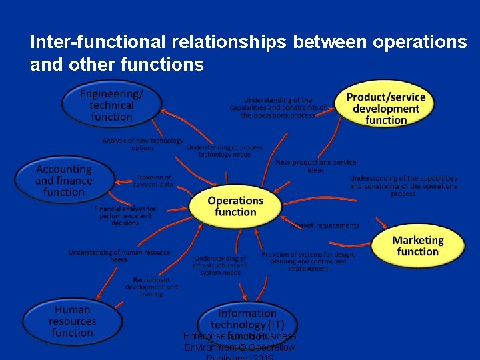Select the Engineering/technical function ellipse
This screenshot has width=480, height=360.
(x=111, y=105)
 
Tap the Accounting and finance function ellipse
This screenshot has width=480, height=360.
(x=63, y=181)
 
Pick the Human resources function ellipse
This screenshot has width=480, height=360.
(x=73, y=321)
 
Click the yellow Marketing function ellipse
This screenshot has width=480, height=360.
(x=417, y=246)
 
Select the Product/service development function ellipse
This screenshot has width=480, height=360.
(x=385, y=108)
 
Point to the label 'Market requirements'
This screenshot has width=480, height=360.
(x=325, y=225)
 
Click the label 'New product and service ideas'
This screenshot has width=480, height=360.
(x=316, y=166)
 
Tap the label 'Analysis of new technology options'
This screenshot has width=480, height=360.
(x=143, y=144)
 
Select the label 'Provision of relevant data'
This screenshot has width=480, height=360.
(x=153, y=181)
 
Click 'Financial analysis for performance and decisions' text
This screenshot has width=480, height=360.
(x=125, y=216)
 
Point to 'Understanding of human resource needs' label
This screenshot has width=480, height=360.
(x=119, y=256)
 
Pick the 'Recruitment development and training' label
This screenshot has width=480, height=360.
(x=151, y=287)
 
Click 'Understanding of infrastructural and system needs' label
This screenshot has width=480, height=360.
(x=220, y=265)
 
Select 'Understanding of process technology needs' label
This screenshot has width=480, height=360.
(x=225, y=151)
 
